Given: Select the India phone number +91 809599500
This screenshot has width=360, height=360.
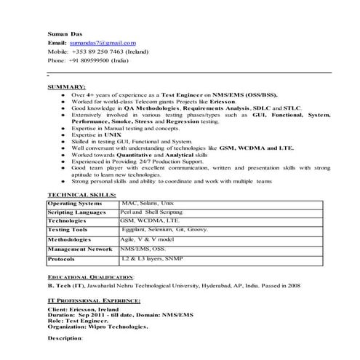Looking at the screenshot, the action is click(99, 61).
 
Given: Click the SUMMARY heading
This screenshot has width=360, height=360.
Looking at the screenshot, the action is click(66, 87).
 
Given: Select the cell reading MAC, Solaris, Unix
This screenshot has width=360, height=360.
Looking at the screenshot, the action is click(148, 204).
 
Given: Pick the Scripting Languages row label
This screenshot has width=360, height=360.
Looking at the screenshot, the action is click(79, 212).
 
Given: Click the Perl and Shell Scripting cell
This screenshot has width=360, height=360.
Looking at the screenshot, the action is click(151, 212).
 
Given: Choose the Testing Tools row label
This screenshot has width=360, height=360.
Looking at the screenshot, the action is click(68, 230).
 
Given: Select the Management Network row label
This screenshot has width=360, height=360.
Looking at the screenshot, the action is click(79, 249).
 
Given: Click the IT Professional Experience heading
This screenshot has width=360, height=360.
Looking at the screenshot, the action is click(94, 300).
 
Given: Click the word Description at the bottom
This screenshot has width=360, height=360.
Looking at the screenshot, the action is click(65, 338).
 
